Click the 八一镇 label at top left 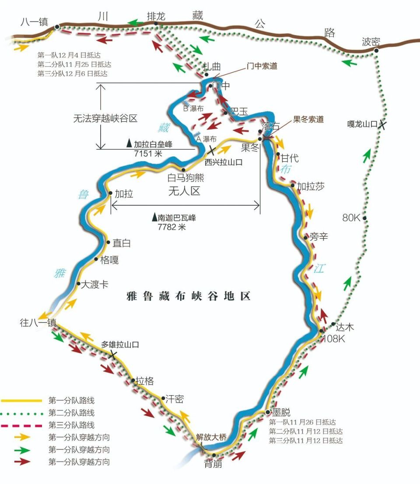34,22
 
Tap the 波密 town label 371,42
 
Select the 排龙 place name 156,17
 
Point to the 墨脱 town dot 267,412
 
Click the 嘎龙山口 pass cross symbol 382,125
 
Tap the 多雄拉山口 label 120,345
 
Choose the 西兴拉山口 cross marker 211,151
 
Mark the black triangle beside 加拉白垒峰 129,144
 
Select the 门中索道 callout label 262,66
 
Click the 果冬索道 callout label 308,119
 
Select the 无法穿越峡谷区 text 105,118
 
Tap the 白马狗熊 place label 186,179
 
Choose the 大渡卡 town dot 78,284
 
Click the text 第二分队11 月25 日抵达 73,65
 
